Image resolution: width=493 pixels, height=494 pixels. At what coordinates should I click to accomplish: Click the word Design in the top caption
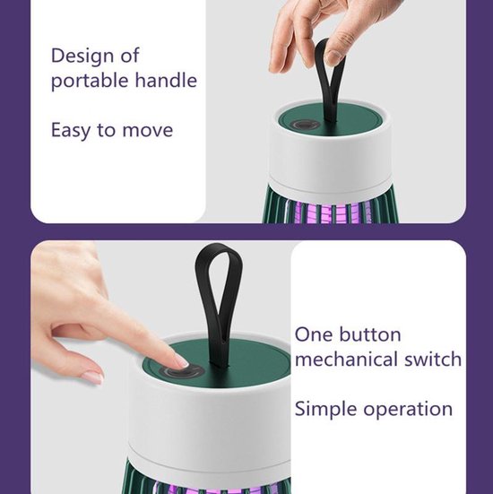coord(82,56)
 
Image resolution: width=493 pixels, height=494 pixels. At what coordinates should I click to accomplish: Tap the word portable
coord(90,81)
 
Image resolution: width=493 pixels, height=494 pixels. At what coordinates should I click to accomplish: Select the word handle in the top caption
coord(166,80)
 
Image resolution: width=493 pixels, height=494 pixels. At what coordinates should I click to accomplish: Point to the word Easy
coord(71,131)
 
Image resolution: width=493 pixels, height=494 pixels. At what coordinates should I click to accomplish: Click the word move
coord(147,131)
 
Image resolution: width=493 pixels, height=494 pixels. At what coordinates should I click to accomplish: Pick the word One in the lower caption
coord(313,334)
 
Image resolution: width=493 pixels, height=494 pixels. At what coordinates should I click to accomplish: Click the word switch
coord(433,360)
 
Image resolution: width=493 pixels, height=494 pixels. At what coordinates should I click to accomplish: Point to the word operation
coord(408,410)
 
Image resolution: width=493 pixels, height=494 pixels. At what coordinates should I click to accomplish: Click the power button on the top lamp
coord(305,125)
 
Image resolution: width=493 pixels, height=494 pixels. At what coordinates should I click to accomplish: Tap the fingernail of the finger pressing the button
coord(181,360)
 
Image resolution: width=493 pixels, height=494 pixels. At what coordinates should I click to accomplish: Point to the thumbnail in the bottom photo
coord(92,377)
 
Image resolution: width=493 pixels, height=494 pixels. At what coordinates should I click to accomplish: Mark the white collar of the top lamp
coord(330,160)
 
